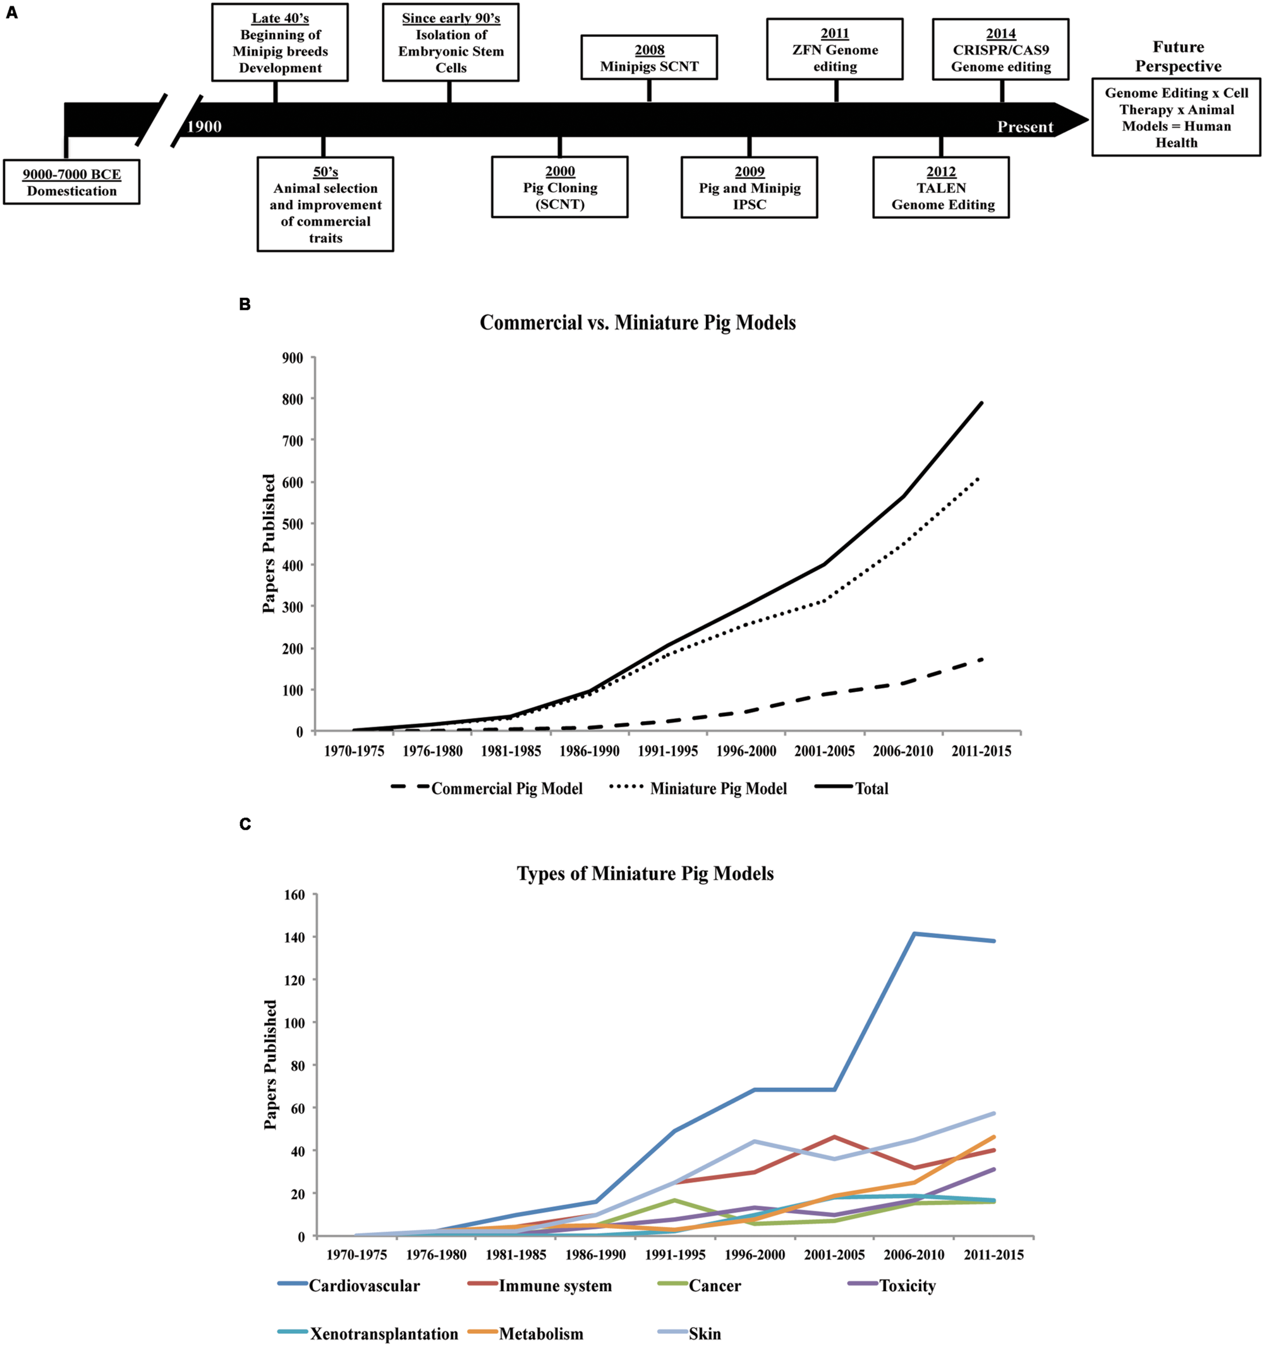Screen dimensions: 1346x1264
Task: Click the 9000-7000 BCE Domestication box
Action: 71,182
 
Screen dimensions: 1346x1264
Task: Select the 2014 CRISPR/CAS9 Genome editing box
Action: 1001,50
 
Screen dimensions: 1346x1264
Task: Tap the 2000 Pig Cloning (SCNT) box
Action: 559,188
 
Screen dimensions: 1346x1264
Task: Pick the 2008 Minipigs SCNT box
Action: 649,58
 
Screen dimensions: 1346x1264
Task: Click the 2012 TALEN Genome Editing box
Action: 941,188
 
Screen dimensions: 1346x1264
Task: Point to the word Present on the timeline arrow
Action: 1025,127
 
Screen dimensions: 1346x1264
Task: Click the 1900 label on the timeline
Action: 204,127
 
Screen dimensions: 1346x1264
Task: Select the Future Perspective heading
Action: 1178,56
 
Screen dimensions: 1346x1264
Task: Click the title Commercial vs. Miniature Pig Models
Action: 638,323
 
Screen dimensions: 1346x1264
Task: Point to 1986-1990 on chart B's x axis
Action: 590,751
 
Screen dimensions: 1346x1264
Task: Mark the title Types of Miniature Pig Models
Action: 645,874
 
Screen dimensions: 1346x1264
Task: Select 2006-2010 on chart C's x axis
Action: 914,1254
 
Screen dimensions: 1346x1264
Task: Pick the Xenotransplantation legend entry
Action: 384,1334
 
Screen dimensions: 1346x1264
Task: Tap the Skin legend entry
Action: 705,1334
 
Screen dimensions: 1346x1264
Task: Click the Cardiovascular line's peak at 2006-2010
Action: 914,934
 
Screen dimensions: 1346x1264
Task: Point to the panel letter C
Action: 245,824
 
